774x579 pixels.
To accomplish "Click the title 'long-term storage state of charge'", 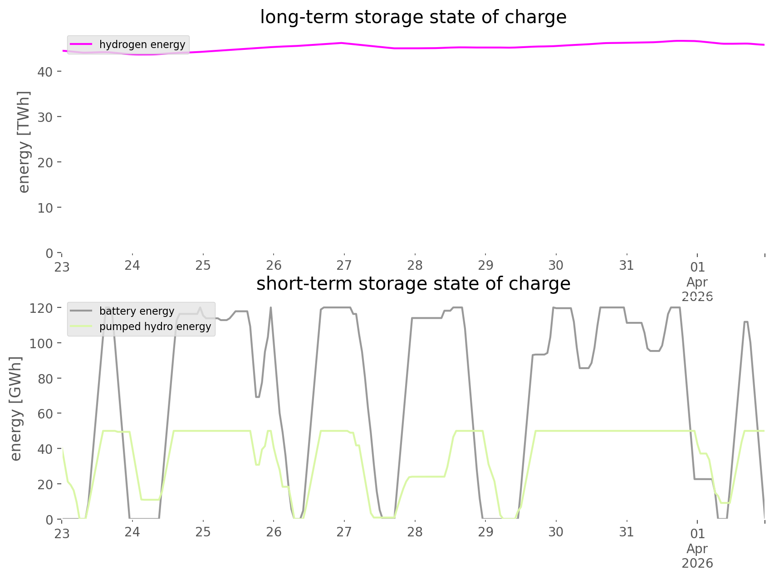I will click(x=413, y=17).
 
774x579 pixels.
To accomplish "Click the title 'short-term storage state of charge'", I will click(x=413, y=284).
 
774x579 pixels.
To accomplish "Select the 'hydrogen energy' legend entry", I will click(x=142, y=44).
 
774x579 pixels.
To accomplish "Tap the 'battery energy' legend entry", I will click(x=137, y=311).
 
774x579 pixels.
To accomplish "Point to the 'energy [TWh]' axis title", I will click(x=24, y=142).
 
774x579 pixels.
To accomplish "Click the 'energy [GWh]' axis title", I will click(x=15, y=409).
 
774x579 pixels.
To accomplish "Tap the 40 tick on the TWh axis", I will click(x=45, y=72).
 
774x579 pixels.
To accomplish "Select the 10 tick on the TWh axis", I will click(x=45, y=208).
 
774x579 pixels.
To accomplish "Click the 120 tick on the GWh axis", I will click(x=41, y=308).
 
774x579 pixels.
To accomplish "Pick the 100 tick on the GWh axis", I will click(x=41, y=343).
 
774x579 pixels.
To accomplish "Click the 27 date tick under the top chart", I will click(x=344, y=265).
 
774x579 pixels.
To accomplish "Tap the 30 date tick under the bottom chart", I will click(x=556, y=532).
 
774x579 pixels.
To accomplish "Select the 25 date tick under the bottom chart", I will click(x=203, y=532).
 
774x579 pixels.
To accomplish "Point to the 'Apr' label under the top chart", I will click(x=697, y=282).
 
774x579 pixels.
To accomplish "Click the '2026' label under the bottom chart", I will click(x=697, y=563).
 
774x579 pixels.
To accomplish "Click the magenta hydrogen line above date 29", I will click(x=485, y=47).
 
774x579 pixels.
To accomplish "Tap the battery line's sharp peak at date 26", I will click(x=271, y=308).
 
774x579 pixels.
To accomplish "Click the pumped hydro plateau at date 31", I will click(x=627, y=431).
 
